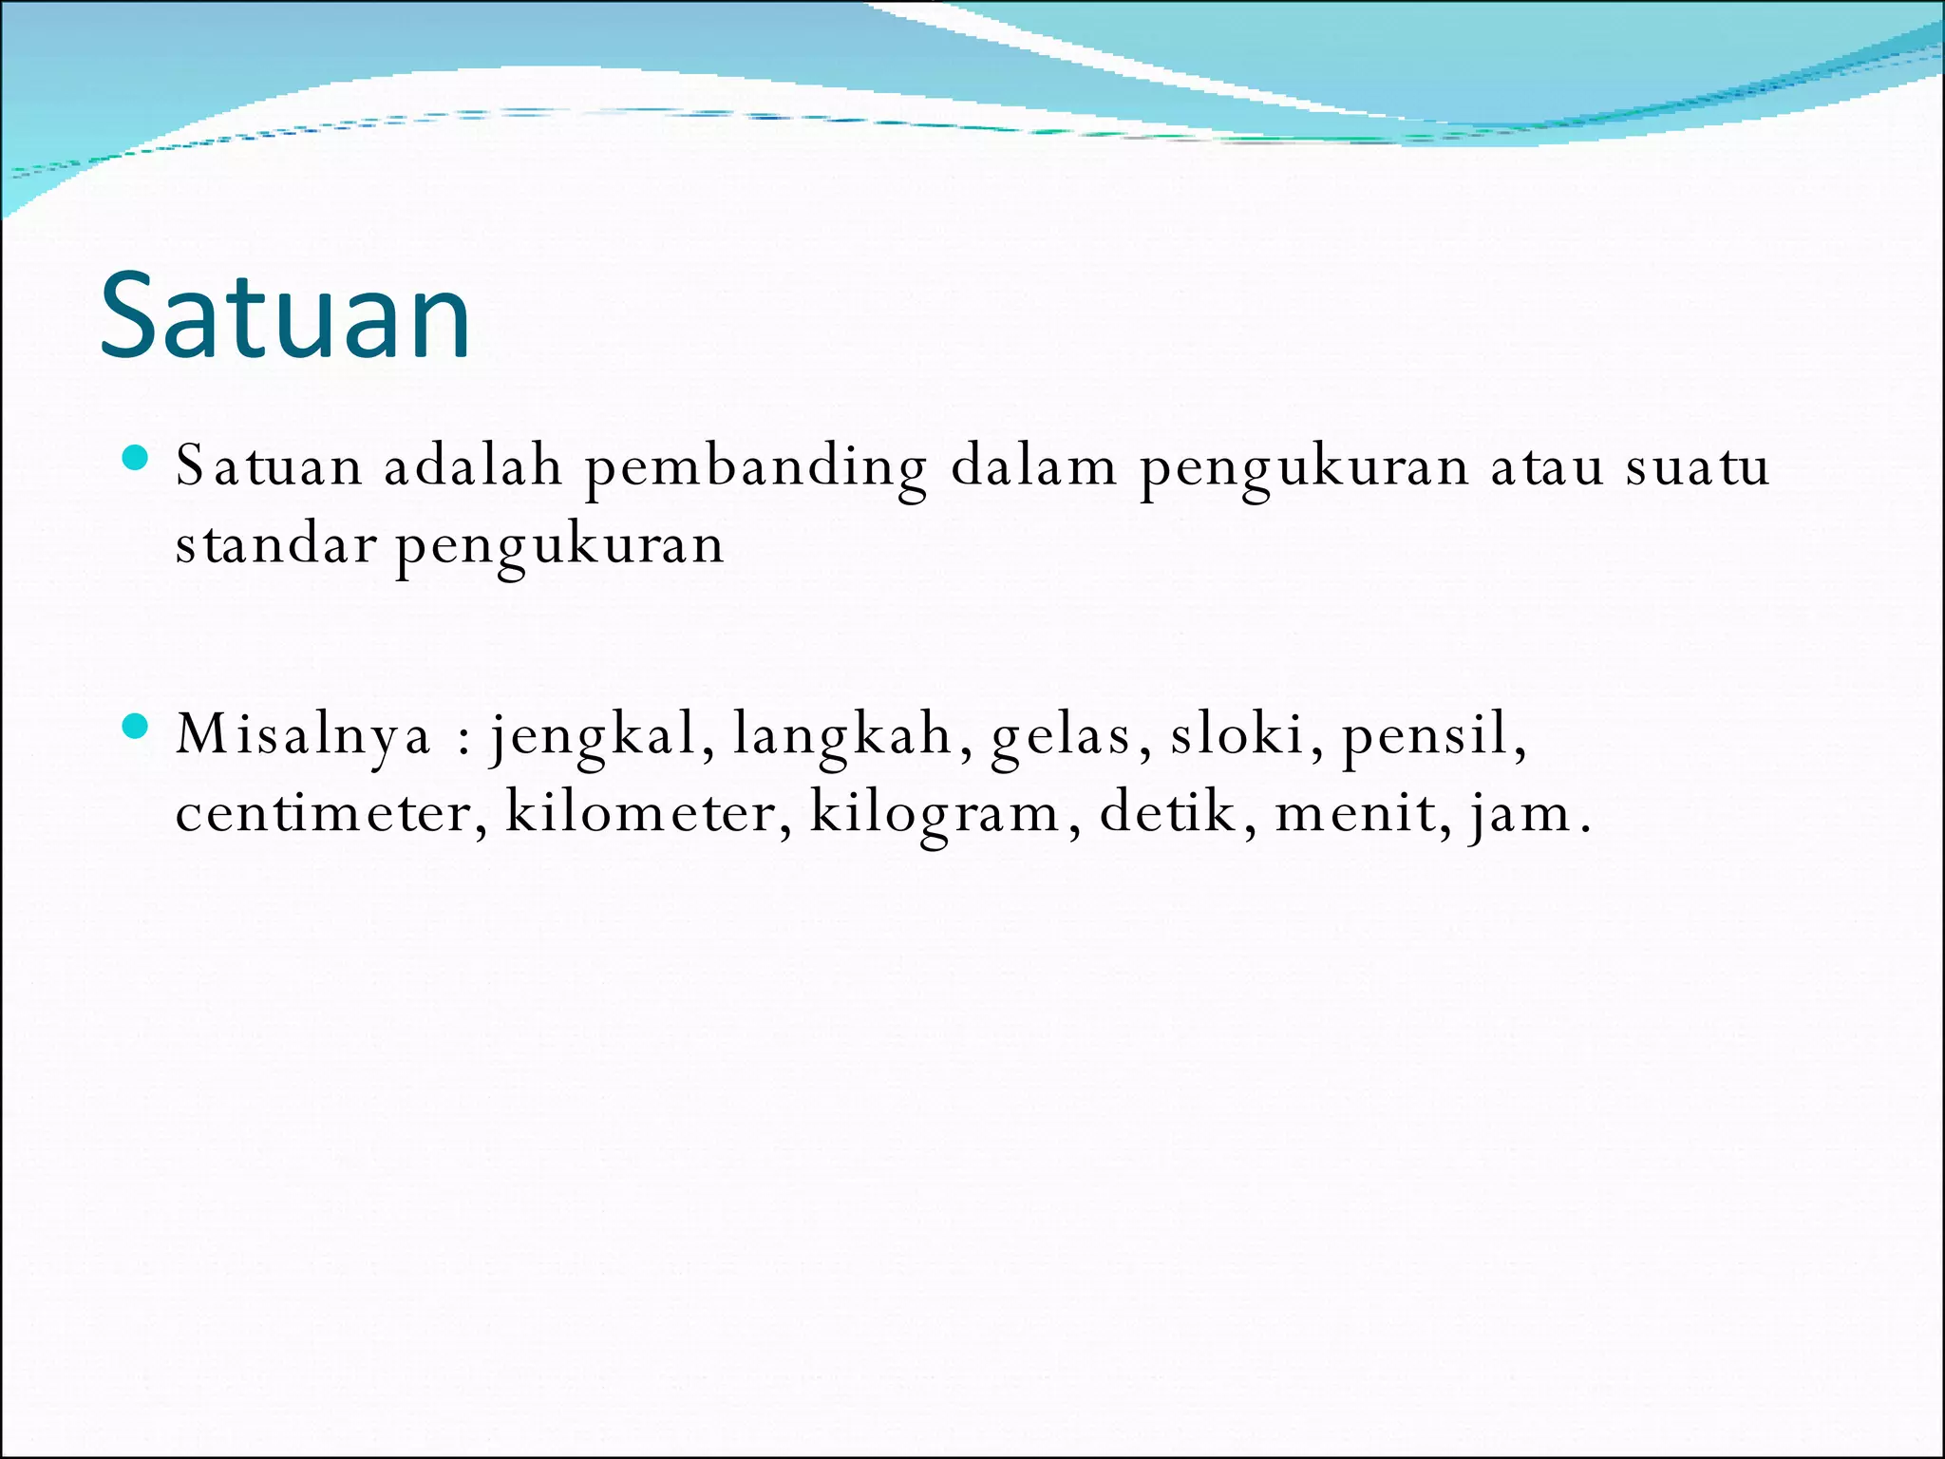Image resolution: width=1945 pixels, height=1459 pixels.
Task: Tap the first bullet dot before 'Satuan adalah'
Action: click(x=136, y=459)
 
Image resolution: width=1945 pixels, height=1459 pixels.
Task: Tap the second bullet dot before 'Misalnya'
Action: click(x=136, y=727)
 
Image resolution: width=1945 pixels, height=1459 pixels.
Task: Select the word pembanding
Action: click(x=755, y=468)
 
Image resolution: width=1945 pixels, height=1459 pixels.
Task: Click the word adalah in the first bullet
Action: click(x=472, y=466)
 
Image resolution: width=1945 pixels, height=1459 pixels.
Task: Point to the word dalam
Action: click(x=1033, y=466)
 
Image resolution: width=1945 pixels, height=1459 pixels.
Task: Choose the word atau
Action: click(x=1546, y=467)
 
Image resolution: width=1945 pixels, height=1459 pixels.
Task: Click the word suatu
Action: click(x=1697, y=467)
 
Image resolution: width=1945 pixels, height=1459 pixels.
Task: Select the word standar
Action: click(x=275, y=545)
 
